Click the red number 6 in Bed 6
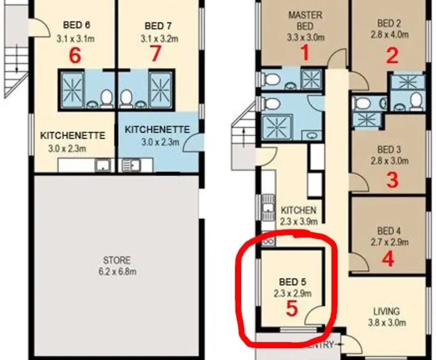click(x=75, y=55)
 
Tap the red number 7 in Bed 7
click(x=155, y=54)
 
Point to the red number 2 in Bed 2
click(x=392, y=56)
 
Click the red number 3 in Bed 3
click(x=392, y=180)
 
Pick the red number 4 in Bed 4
click(x=389, y=259)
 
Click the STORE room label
click(x=117, y=261)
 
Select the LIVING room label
click(x=386, y=311)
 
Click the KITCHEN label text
click(x=298, y=210)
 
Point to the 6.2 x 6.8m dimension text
click(x=117, y=272)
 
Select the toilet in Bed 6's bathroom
click(x=107, y=98)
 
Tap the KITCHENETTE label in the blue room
click(x=157, y=129)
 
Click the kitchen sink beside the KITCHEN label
click(x=266, y=208)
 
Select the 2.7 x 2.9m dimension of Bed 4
click(x=388, y=243)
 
